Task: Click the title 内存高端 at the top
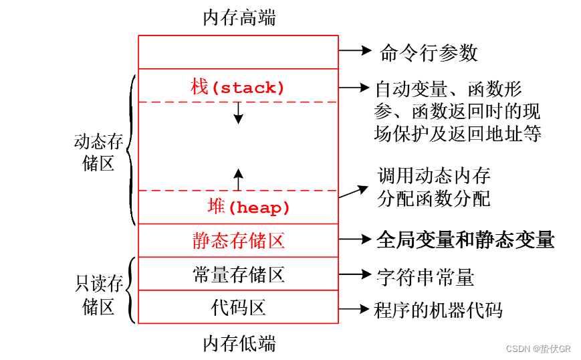click(x=239, y=17)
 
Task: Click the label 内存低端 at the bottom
click(x=239, y=343)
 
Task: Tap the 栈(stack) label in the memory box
click(x=238, y=87)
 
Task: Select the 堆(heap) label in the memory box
click(x=248, y=207)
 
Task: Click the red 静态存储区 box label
click(x=239, y=241)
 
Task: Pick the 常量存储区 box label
click(x=239, y=274)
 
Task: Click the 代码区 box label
click(x=239, y=308)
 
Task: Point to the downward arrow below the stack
click(x=238, y=113)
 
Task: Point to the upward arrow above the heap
click(x=238, y=179)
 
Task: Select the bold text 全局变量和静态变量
click(x=465, y=239)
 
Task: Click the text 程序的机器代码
click(x=438, y=310)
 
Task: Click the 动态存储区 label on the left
click(x=98, y=153)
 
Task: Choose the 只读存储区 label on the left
click(x=98, y=295)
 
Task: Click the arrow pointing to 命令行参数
click(x=355, y=50)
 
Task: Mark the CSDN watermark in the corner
click(x=538, y=349)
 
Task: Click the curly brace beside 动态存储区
click(x=130, y=150)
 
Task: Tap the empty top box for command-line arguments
click(x=239, y=52)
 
